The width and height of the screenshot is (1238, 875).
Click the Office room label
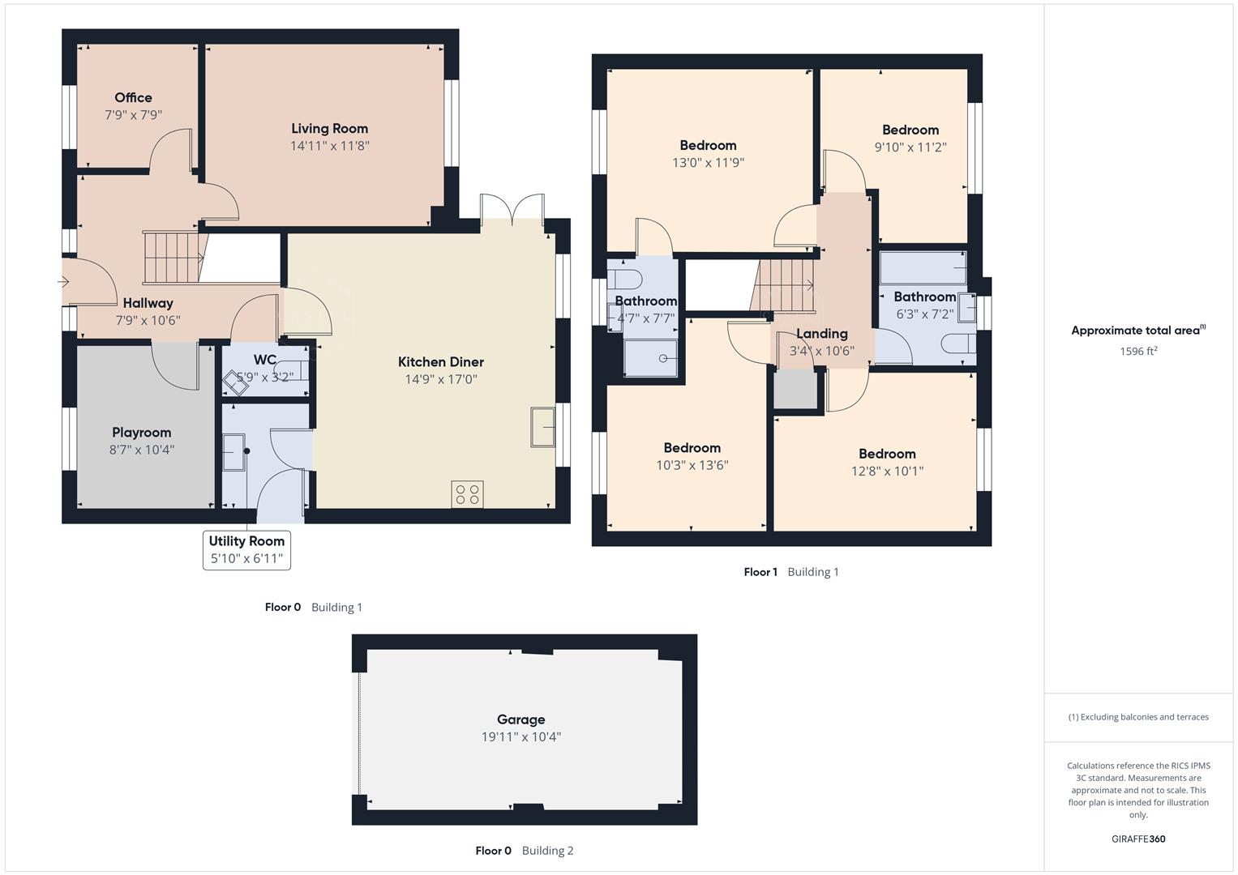tap(133, 98)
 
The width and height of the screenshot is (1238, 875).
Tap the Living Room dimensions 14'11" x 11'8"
tap(329, 146)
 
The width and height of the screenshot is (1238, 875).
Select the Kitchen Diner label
tap(440, 362)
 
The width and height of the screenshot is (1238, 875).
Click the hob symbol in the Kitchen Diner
tap(467, 494)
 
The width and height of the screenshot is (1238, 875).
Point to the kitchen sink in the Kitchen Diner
tap(542, 426)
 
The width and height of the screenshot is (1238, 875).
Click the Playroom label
tap(142, 433)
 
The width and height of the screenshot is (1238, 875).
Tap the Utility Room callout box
tap(246, 550)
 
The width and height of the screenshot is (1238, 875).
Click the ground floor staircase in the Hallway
tap(172, 258)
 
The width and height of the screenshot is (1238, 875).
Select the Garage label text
tap(520, 719)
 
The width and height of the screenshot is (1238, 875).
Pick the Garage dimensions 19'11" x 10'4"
tap(520, 737)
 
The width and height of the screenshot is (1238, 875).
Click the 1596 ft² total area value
tap(1138, 352)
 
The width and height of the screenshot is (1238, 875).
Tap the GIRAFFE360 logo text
tap(1138, 839)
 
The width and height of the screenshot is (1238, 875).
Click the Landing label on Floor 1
tap(821, 334)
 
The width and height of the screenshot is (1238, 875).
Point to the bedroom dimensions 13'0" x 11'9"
tap(708, 163)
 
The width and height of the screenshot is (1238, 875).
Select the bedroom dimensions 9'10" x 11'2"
tap(910, 147)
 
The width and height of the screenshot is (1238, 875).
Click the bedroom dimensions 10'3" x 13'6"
tap(692, 466)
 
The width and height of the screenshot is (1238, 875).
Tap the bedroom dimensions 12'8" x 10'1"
tap(887, 472)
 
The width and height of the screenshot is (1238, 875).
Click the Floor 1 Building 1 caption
tap(791, 572)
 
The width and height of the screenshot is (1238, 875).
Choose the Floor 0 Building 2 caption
tap(524, 851)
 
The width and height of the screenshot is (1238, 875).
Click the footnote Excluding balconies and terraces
tap(1138, 717)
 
